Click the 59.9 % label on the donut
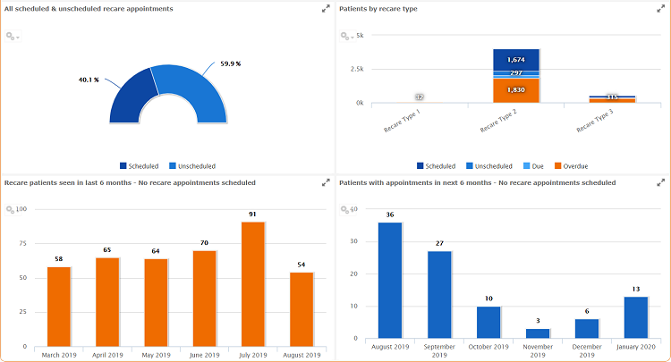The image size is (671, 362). (x=231, y=64)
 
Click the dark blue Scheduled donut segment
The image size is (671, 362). (x=132, y=98)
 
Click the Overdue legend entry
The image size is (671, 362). (x=570, y=165)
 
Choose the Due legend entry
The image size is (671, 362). (x=531, y=165)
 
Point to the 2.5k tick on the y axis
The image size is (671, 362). (x=355, y=69)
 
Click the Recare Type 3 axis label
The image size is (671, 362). (x=595, y=119)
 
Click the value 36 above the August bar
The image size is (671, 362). (x=390, y=215)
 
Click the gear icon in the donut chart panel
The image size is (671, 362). (x=11, y=36)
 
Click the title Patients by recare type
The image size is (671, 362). (x=378, y=9)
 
